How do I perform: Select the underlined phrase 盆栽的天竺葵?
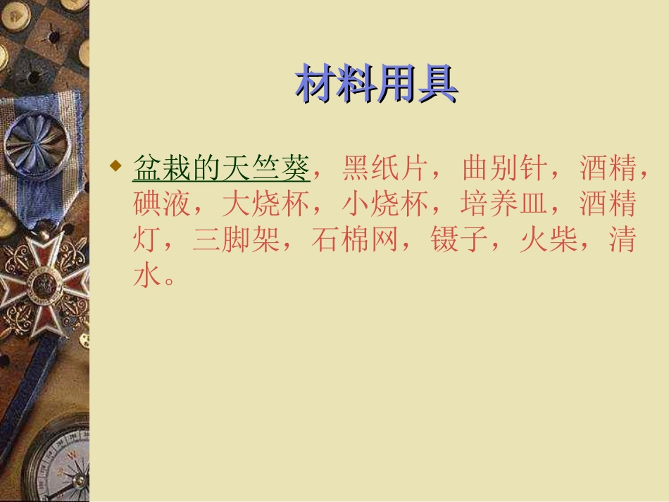pos(221,169)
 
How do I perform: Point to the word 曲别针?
pos(504,169)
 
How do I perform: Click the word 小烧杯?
pos(385,205)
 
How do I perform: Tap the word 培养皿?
pos(504,205)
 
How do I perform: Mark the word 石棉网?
pos(355,241)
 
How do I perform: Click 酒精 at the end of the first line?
pos(608,169)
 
